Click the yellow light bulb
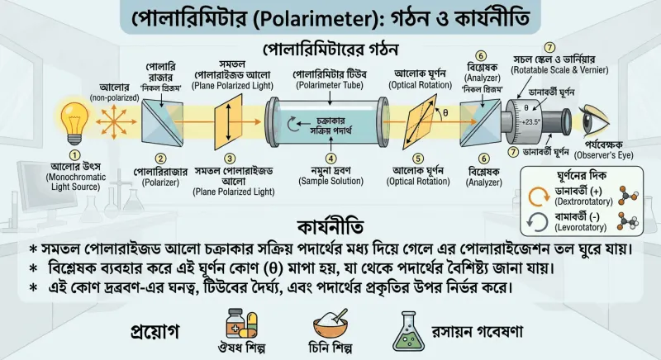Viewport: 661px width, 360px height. (x=75, y=123)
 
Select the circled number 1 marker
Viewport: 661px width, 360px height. (x=74, y=155)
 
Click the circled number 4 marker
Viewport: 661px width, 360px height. (x=331, y=159)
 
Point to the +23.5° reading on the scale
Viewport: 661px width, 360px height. (x=530, y=122)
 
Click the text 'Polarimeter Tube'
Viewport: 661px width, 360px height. (x=329, y=86)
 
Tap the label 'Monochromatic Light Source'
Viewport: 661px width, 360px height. (x=75, y=182)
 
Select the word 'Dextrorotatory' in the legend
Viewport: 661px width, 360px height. (x=584, y=201)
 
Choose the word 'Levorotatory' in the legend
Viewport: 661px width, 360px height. (x=581, y=228)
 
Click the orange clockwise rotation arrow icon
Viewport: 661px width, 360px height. (x=539, y=197)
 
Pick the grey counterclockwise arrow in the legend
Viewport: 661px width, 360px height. (x=538, y=222)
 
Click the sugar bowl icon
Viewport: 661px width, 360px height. (x=331, y=324)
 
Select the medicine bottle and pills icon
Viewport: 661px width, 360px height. (x=241, y=323)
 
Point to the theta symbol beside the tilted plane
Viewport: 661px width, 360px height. (x=445, y=113)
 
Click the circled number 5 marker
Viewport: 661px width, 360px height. (x=418, y=159)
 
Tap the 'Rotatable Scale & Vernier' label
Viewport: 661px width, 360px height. (x=560, y=70)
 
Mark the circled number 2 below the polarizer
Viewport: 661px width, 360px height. (x=160, y=159)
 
